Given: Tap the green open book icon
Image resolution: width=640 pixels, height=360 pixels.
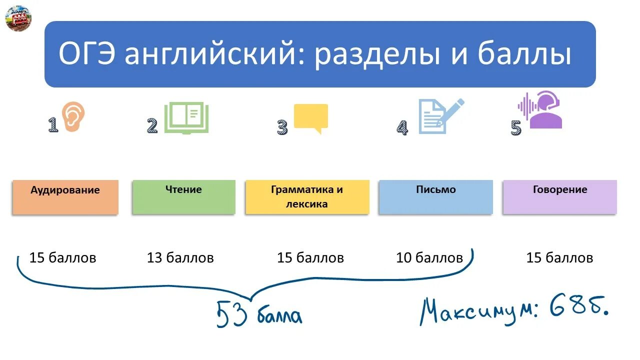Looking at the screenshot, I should click(186, 118).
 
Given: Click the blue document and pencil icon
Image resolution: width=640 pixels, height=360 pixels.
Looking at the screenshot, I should click(439, 116).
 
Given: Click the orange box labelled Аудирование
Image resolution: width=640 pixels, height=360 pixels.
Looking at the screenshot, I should click(65, 197).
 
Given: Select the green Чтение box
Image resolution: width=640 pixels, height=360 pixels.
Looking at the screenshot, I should click(183, 197).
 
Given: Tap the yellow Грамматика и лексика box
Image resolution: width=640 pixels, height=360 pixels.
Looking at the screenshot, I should click(307, 197).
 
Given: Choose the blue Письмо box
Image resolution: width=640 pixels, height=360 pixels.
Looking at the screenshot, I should click(435, 197).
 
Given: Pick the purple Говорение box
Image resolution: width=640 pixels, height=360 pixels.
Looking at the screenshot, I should click(559, 197).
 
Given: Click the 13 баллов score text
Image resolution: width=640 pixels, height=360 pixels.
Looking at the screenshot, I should click(180, 258).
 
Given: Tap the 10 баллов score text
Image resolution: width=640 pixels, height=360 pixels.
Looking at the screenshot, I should click(429, 258).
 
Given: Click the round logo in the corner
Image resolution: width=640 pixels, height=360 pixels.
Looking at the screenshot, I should click(18, 18).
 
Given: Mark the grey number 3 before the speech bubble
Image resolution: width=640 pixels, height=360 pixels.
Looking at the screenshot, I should click(282, 127).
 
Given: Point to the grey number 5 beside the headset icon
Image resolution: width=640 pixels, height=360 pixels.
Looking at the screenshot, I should click(515, 128).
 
